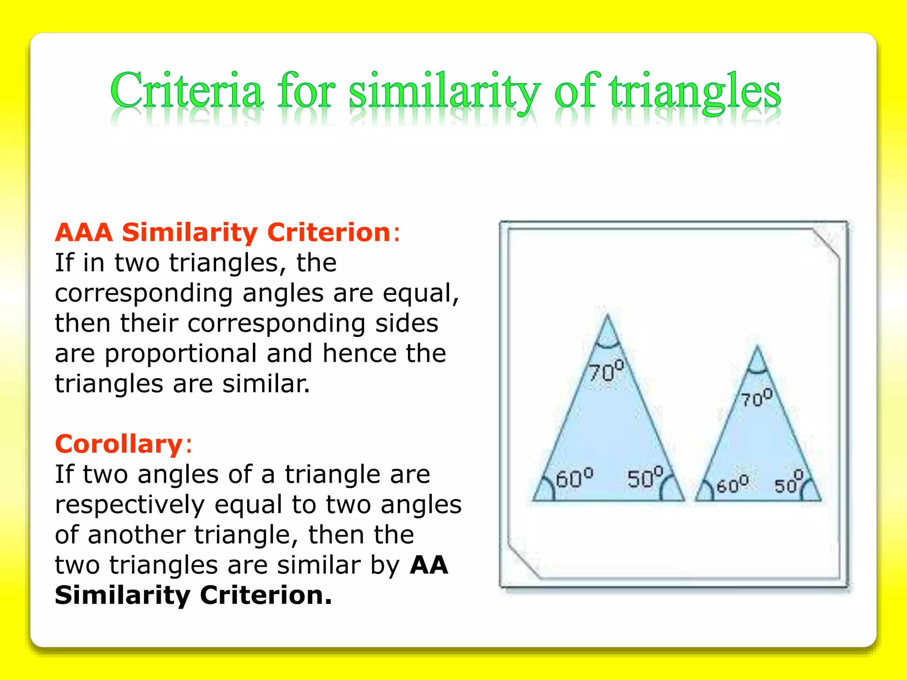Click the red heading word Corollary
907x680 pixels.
coord(119,444)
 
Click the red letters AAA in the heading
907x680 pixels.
coord(84,232)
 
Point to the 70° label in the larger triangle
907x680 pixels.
coord(606,371)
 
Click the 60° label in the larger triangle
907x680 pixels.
coord(574,478)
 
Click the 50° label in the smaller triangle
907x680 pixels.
coord(788,483)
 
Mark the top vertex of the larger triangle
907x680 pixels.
coord(607,315)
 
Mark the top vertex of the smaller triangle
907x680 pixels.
coord(757,347)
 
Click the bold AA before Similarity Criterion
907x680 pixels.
coord(429,565)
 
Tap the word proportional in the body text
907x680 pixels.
coord(181,354)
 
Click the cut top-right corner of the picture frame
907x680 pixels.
coord(826,243)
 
